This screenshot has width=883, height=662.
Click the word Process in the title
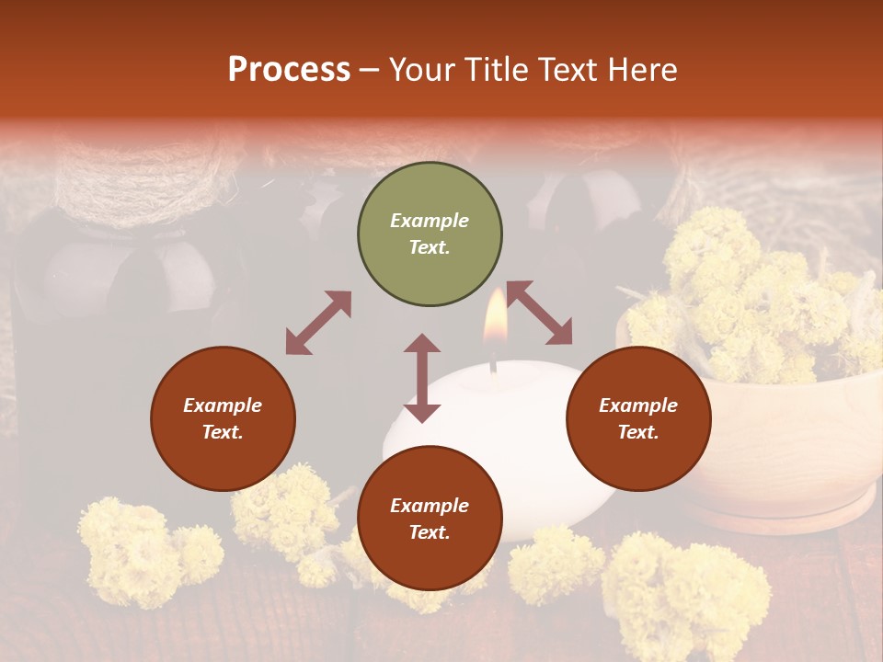289,70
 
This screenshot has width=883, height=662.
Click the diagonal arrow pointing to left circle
318,323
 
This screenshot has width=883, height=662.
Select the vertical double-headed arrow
422,378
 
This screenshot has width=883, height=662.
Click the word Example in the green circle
430,221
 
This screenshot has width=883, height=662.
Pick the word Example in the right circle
638,405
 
